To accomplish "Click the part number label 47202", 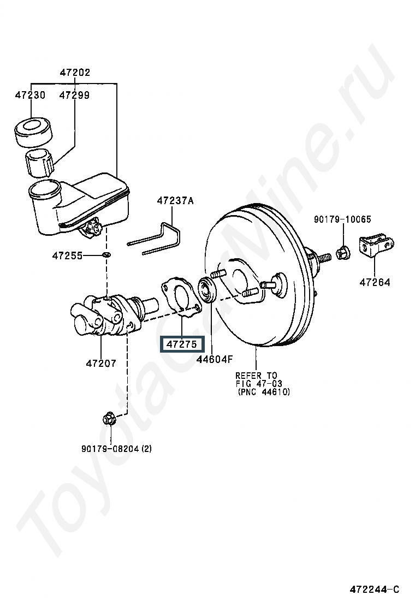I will click(75, 73).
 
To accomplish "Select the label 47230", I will click(30, 95).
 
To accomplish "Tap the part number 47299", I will click(75, 95).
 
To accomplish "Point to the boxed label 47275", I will click(181, 344).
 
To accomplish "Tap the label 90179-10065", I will click(342, 219).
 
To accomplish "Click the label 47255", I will click(67, 255).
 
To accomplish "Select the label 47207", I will click(101, 363).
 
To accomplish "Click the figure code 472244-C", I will click(375, 590).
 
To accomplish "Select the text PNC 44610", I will click(264, 392).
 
